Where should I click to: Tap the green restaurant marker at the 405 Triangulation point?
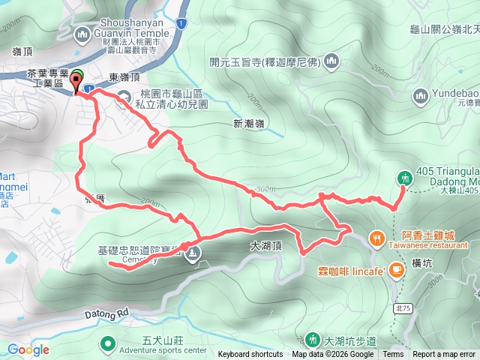click(x=405, y=178)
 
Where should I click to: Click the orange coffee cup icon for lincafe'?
click(x=396, y=272)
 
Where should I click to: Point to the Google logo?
click(x=28, y=349)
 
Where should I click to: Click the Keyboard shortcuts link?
click(x=250, y=355)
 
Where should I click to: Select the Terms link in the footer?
click(x=393, y=355)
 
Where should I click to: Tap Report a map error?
click(x=444, y=355)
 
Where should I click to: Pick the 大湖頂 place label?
click(x=265, y=245)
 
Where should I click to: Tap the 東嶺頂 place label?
click(x=124, y=78)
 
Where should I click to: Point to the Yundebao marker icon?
click(x=420, y=96)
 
